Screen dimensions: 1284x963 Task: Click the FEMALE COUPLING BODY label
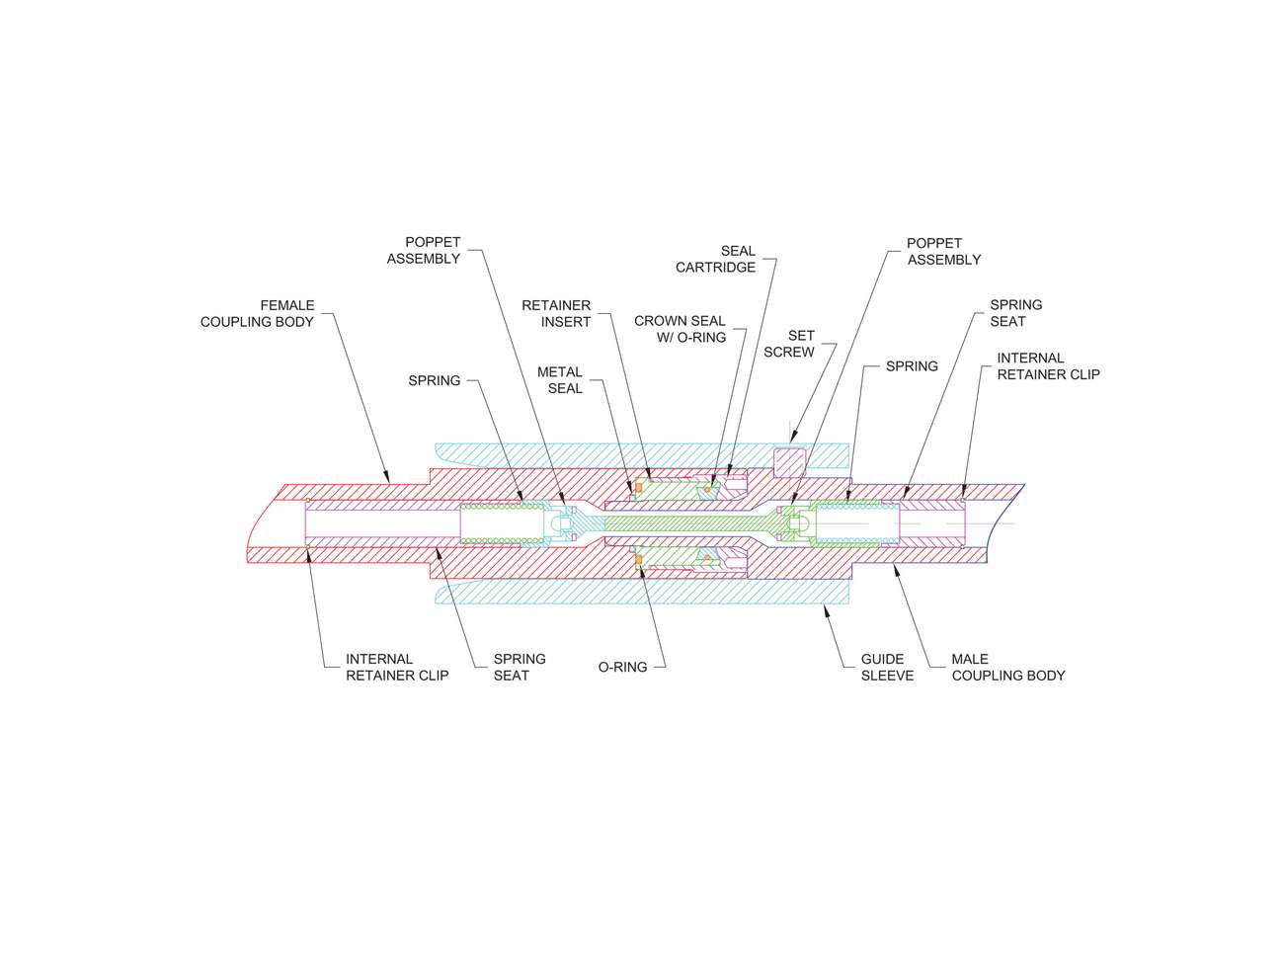(x=257, y=313)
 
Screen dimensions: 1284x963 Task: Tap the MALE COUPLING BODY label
(x=1007, y=667)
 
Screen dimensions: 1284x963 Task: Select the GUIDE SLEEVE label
(x=887, y=667)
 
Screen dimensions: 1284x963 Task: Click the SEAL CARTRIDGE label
(x=715, y=259)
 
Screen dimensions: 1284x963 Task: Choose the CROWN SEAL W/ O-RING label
(x=680, y=329)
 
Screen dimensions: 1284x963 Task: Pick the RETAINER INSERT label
(x=556, y=313)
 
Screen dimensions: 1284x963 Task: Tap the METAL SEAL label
(x=560, y=380)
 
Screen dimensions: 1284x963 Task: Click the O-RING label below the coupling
(x=622, y=667)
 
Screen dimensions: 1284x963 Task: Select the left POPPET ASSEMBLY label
(x=423, y=250)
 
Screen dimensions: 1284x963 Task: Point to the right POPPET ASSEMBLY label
(x=943, y=252)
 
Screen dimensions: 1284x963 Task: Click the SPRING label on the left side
(x=434, y=380)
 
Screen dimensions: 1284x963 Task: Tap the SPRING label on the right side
(x=912, y=366)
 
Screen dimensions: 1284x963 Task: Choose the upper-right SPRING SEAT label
(x=1016, y=313)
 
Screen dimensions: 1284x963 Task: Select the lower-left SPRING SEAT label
(x=520, y=667)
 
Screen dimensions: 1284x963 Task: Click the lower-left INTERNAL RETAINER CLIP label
(x=397, y=667)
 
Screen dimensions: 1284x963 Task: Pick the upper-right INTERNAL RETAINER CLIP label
(x=1048, y=366)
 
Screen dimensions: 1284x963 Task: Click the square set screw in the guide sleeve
(x=789, y=462)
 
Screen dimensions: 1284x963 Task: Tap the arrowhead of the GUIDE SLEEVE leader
(x=826, y=609)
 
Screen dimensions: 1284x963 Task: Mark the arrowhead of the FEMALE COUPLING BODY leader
(x=386, y=477)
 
